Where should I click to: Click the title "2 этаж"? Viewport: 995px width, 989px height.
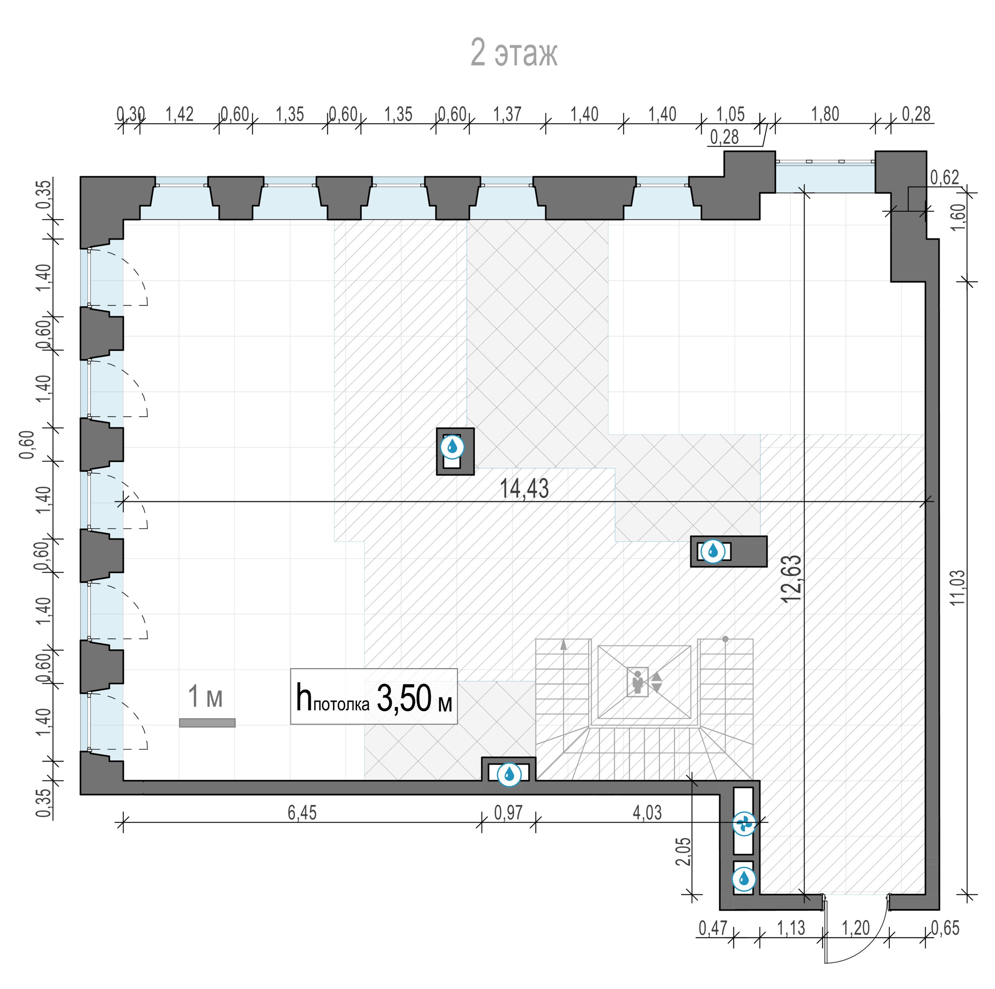(x=514, y=53)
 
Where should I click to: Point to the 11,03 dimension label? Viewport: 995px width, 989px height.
(x=958, y=588)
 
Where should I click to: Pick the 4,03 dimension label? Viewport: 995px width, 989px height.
(x=647, y=812)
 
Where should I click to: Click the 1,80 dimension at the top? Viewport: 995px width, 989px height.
(x=825, y=114)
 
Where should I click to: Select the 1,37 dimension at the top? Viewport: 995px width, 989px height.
(x=507, y=114)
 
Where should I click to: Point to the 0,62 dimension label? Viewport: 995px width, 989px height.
(x=944, y=177)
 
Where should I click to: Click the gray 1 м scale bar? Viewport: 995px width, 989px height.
(x=207, y=723)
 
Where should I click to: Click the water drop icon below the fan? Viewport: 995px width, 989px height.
(x=744, y=879)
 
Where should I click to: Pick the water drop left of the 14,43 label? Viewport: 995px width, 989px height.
(x=452, y=447)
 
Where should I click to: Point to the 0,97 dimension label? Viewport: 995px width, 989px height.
(x=508, y=812)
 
